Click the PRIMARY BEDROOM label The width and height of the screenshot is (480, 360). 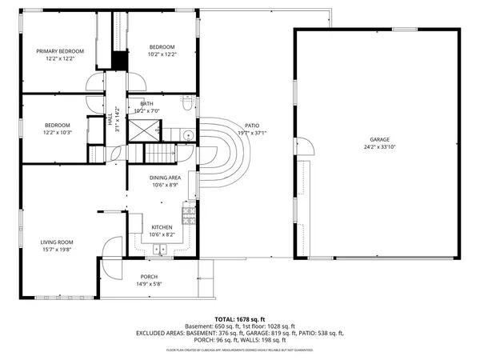click(x=60, y=51)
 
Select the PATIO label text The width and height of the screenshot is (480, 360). click(x=252, y=126)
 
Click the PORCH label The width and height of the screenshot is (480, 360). click(x=149, y=277)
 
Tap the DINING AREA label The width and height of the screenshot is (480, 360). click(x=165, y=178)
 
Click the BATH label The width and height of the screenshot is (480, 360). click(x=147, y=104)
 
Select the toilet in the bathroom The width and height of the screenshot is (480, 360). click(x=186, y=104)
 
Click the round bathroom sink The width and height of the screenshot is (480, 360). click(x=185, y=134)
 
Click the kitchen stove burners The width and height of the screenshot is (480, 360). click(x=190, y=213)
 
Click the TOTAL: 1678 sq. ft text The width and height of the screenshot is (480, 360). click(x=239, y=319)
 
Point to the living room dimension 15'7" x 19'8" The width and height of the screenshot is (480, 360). click(x=58, y=250)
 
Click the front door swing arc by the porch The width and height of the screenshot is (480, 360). click(x=112, y=246)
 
